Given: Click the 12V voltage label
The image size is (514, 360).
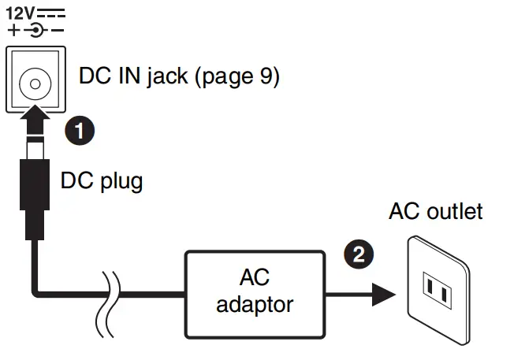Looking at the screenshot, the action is tap(20, 13).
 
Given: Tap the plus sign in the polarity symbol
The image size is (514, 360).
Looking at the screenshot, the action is tap(13, 31).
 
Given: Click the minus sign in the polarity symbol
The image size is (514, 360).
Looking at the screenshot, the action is tap(58, 31).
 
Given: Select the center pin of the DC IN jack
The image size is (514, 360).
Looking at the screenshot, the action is tap(35, 84).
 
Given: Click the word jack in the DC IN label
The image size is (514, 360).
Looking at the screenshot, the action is tap(167, 76).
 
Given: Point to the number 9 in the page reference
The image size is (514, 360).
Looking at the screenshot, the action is tap(266, 76).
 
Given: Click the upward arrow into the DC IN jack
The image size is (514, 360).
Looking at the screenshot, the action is tap(35, 119).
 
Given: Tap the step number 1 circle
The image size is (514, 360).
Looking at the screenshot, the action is tap(80, 131).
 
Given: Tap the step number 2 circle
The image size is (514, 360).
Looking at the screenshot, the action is tap(359, 254).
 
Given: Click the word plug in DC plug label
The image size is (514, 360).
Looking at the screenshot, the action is tap(121, 181).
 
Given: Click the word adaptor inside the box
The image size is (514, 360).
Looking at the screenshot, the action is tap(255, 306).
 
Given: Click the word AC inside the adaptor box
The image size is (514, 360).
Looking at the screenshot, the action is tap(255, 278).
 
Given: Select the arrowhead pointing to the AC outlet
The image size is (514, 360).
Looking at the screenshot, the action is tap(384, 295).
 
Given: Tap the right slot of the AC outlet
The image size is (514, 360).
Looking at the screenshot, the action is tap(444, 295).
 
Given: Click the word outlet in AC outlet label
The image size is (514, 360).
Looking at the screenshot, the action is tap(455, 211).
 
